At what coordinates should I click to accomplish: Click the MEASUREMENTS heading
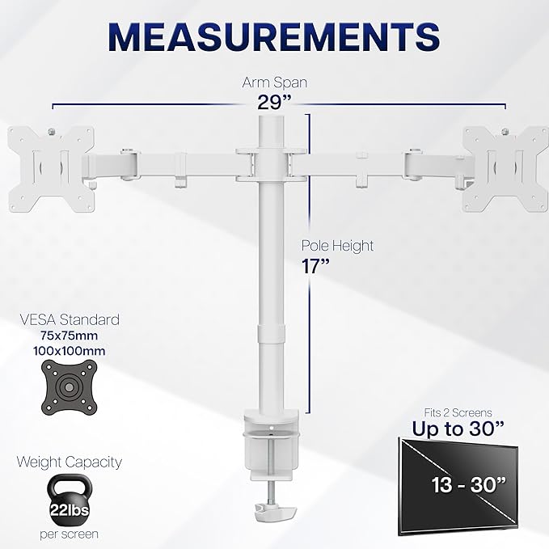click(x=274, y=36)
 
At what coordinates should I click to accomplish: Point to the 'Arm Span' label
click(x=275, y=82)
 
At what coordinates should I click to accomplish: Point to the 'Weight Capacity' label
click(x=70, y=462)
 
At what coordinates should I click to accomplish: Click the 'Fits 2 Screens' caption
click(x=458, y=412)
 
